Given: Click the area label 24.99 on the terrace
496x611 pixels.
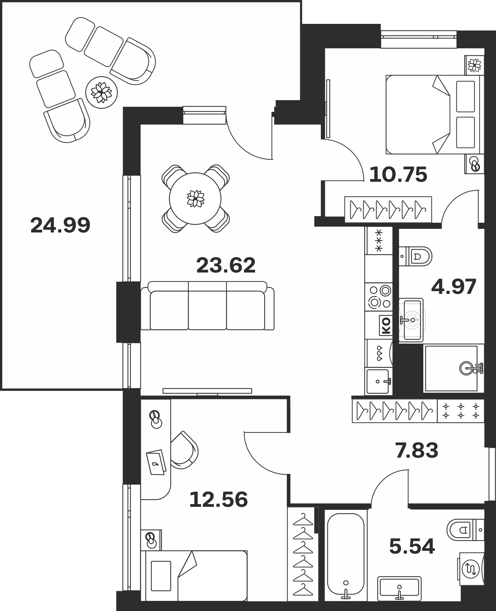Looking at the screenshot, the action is click(60, 225).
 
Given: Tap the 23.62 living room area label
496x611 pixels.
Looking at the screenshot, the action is click(226, 265).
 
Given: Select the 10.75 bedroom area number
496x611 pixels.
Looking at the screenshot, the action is click(398, 175).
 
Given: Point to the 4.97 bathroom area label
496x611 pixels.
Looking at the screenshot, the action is click(454, 287).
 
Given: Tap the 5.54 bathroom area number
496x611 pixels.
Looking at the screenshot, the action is click(412, 547).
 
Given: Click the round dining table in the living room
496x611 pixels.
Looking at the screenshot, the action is click(195, 199).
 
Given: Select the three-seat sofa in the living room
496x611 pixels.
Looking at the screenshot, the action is click(207, 305).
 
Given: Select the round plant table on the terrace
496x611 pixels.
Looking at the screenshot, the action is click(102, 92).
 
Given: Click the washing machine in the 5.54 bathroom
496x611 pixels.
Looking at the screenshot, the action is click(472, 568).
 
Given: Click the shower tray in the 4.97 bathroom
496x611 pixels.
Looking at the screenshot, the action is click(451, 368).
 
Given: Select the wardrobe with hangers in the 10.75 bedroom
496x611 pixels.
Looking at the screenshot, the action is click(388, 210).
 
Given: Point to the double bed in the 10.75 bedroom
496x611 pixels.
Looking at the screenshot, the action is click(433, 115).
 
